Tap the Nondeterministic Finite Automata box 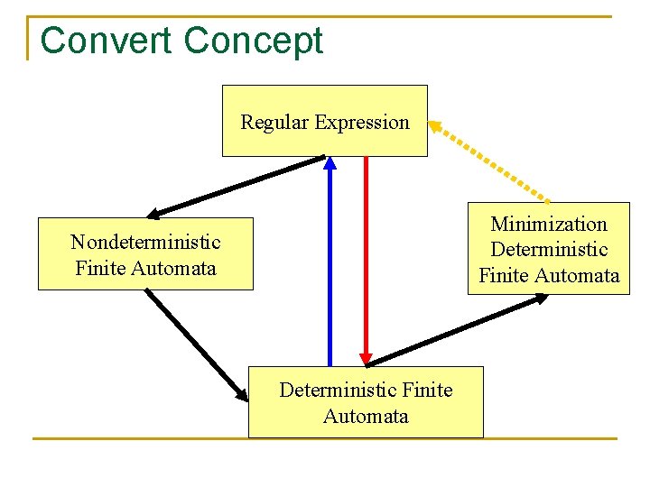[145, 254]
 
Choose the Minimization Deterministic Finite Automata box [549, 250]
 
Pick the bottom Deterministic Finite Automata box [366, 402]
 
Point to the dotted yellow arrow [492, 162]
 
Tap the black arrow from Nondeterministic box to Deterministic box [194, 343]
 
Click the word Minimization [549, 224]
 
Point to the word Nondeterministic [145, 242]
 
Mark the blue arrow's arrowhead [330, 163]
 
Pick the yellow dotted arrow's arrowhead [434, 125]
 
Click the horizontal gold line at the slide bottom [325, 439]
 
